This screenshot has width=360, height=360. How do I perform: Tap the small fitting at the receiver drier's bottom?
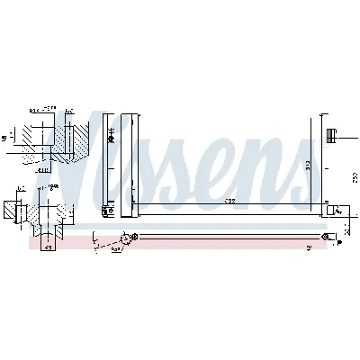[x=108, y=214]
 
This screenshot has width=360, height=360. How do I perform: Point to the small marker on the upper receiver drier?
[x=112, y=135]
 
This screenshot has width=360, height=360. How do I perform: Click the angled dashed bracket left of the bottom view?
[x=108, y=244]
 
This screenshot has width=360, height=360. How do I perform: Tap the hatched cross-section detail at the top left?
[x=45, y=139]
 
